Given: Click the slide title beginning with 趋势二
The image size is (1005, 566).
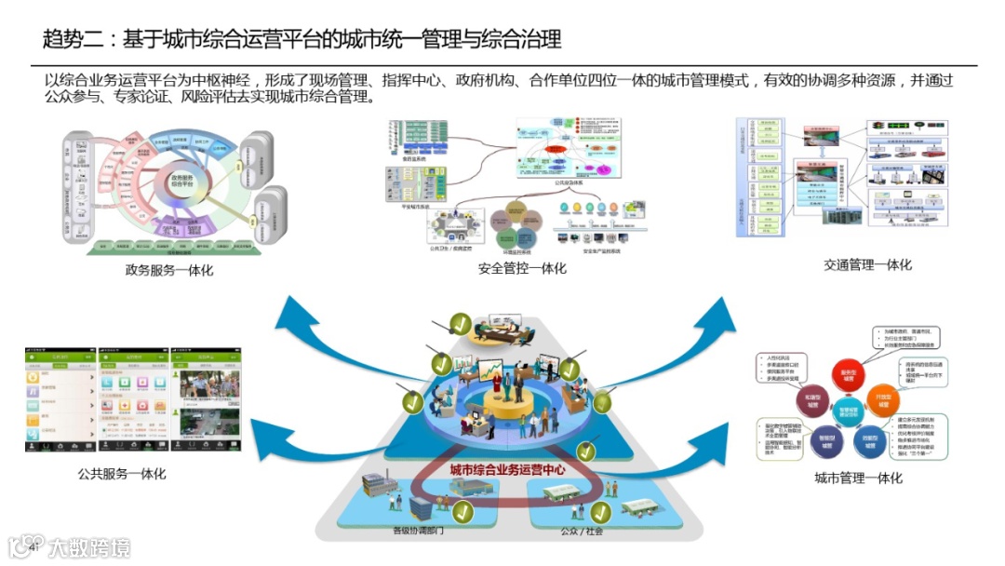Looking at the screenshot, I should (x=302, y=40).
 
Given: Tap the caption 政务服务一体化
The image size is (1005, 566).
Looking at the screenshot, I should (x=169, y=270).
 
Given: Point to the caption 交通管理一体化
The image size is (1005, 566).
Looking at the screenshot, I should (x=867, y=264).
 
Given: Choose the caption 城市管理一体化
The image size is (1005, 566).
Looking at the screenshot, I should (x=858, y=478).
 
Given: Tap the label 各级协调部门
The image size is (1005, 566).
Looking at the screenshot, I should (x=418, y=532).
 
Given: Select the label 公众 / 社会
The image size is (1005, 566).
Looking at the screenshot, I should (x=582, y=532).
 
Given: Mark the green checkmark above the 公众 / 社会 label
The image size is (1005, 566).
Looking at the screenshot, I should (x=601, y=511).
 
